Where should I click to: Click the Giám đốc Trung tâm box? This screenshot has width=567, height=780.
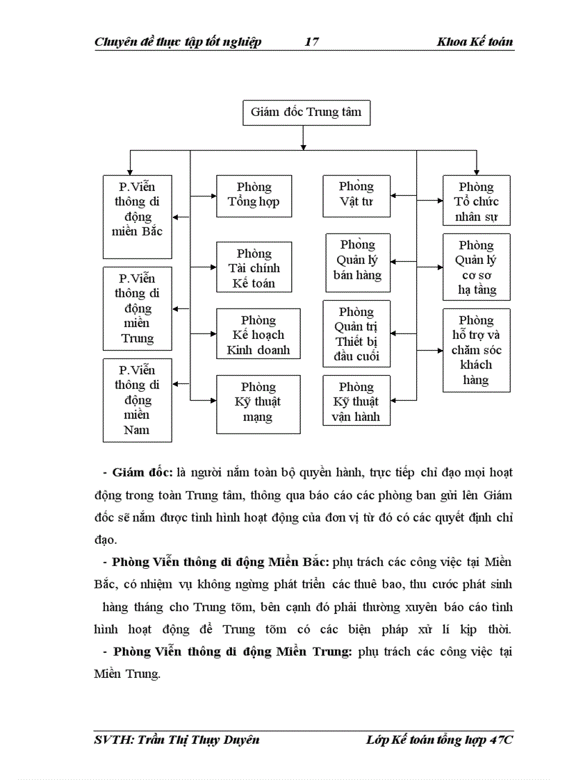point(306,112)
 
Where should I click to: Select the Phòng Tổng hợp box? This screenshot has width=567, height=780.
point(254,195)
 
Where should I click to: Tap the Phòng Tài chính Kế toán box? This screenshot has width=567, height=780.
point(254,267)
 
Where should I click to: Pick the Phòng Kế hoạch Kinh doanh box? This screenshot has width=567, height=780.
point(258,334)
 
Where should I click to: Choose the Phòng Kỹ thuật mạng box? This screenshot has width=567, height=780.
point(258,401)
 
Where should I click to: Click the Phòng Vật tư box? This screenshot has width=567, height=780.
point(356,194)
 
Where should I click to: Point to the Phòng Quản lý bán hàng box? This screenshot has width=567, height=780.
point(357,260)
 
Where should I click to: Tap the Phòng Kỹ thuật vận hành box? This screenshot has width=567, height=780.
point(356,401)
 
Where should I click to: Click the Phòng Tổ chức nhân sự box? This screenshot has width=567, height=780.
point(476,201)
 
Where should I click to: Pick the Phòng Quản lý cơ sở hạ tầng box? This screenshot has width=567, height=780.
point(476,267)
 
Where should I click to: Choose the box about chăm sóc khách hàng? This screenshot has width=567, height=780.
point(476,350)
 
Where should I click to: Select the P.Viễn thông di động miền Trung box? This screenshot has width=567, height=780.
point(137,308)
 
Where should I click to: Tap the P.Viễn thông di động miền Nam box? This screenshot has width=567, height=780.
point(137,400)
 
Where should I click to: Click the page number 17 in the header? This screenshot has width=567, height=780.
point(312,42)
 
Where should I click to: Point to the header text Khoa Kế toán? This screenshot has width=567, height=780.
point(475,42)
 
